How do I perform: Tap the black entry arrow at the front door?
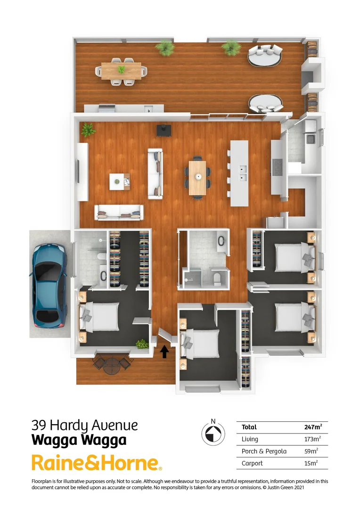coord(164,352)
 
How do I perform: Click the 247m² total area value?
coord(313,427)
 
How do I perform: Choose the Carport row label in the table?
coord(252,463)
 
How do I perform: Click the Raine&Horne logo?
coord(97,463)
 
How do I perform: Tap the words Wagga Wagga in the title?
coord(79,440)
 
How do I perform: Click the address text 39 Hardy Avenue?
coord(85,425)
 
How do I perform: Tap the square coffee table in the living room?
coord(120,181)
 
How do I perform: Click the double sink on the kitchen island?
coord(244,173)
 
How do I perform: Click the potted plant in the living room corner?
coord(88,130)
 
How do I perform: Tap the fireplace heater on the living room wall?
coord(164,130)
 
